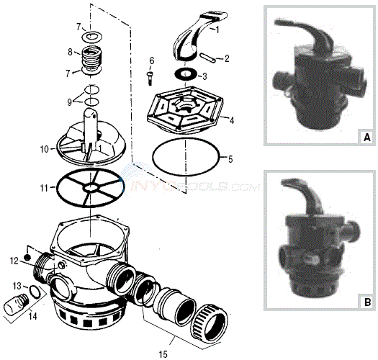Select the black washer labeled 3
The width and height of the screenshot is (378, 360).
[x=185, y=74]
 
